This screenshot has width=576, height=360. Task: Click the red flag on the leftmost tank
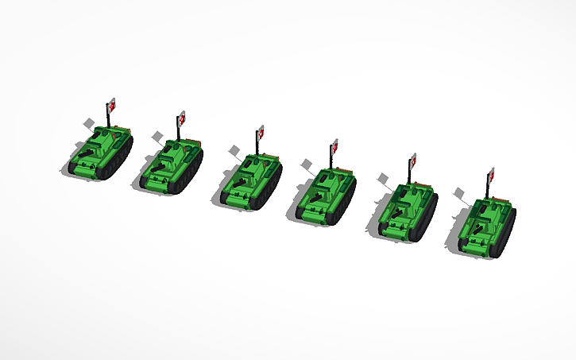point(112,103)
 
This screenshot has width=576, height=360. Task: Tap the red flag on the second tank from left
point(182,118)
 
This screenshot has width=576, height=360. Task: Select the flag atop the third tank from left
point(260,132)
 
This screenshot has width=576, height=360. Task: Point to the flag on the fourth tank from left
point(334,146)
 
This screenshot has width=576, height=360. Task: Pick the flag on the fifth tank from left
point(412,161)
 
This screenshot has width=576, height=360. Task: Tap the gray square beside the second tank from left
point(159,136)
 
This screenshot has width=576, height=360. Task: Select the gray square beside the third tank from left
point(234,149)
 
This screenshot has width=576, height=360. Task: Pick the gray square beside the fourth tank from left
point(307,164)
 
